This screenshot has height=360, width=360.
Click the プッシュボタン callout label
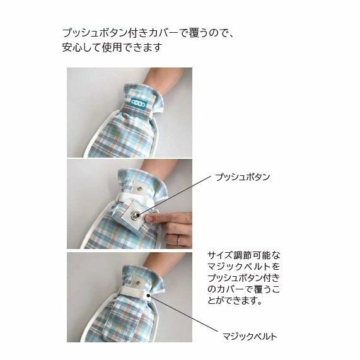[243, 177]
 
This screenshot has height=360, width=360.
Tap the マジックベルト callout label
[250, 337]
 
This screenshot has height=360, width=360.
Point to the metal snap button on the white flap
[135, 216]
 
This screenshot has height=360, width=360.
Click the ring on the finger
[179, 241]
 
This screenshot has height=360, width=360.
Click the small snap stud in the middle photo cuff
[139, 189]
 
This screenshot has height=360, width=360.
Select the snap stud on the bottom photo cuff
[137, 282]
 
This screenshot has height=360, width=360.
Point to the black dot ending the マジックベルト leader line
[149, 296]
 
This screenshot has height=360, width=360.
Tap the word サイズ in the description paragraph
[220, 255]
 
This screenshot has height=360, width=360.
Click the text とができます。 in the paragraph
[235, 301]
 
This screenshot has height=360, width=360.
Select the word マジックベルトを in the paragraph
[244, 267]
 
